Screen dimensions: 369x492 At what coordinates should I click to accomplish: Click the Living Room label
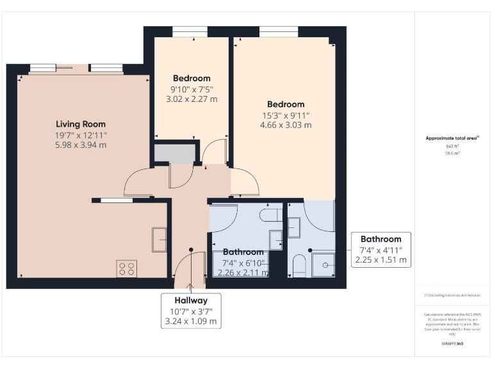[x=81, y=124]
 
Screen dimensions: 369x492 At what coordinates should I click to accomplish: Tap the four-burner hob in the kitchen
[x=126, y=269]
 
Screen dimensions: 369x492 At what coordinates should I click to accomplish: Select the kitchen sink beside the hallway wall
[x=160, y=240]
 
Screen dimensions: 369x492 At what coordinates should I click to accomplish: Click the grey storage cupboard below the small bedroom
[x=174, y=154]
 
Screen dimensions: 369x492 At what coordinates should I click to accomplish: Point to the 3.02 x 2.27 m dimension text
[x=192, y=99]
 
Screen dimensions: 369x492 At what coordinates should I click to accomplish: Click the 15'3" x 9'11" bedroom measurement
[x=286, y=115]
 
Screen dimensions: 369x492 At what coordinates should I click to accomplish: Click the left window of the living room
[x=42, y=69]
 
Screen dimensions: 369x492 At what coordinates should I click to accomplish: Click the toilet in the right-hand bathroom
[x=299, y=265]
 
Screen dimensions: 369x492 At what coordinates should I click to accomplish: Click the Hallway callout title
[x=191, y=300]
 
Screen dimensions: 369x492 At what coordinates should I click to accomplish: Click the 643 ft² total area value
[x=452, y=146]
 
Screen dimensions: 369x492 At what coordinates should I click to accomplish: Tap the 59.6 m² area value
[x=452, y=154]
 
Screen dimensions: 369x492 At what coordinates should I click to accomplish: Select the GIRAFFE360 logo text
[x=452, y=345]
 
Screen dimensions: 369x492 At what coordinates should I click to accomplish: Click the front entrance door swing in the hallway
[x=183, y=266]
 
